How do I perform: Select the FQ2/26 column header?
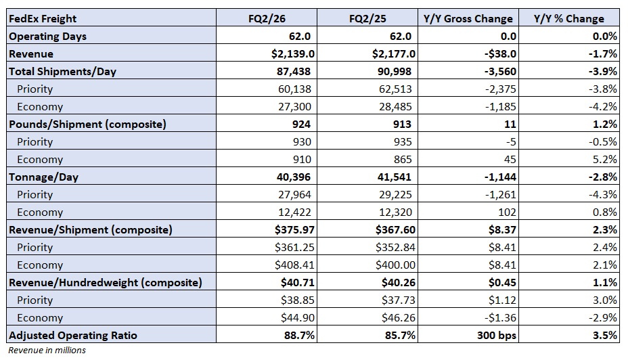tap(267, 19)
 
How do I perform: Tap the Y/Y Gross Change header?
tap(468, 19)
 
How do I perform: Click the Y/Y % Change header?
tap(568, 19)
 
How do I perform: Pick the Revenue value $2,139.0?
tap(293, 53)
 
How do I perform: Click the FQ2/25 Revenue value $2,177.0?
tap(394, 53)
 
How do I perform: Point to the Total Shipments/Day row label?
tap(62, 71)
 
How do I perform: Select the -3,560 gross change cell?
tap(500, 71)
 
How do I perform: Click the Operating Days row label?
tap(47, 37)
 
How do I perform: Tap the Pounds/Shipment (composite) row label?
tap(87, 124)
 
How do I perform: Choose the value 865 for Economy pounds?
tap(403, 160)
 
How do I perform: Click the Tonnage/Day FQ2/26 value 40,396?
tap(294, 177)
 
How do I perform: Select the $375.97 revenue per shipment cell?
tap(295, 230)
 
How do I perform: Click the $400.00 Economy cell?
tap(395, 265)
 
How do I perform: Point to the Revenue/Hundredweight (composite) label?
tap(106, 283)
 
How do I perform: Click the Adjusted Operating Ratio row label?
tap(73, 335)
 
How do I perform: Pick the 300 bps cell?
tap(497, 335)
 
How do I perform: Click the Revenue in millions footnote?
tap(47, 351)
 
